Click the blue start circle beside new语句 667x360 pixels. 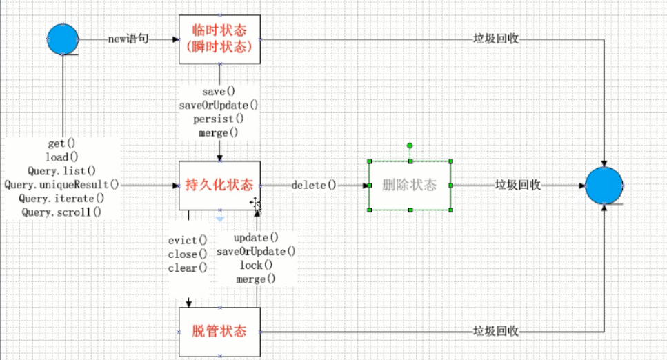point(62,39)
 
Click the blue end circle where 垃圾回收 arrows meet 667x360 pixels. point(604,186)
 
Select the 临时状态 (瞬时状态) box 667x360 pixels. point(219,39)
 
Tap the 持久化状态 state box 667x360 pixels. point(219,185)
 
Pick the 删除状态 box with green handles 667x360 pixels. point(410,186)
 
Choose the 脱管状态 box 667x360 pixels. point(219,331)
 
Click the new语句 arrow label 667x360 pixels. point(128,39)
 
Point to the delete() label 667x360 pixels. point(314,185)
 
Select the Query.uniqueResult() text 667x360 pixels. point(61,185)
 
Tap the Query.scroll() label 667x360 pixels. point(61,212)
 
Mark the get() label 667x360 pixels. point(61,143)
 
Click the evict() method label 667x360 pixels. point(188,240)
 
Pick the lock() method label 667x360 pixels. point(256,266)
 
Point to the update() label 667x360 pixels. point(256,238)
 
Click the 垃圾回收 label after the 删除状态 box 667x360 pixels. point(517,186)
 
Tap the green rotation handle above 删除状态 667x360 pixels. point(410,146)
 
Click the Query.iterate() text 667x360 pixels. point(61,199)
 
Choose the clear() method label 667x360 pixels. point(188,268)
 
